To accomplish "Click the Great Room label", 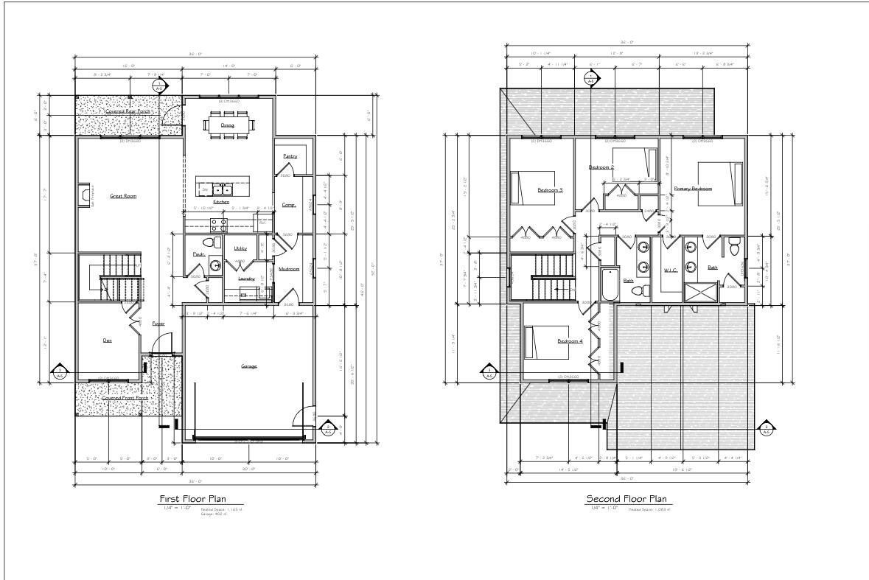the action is point(124,196).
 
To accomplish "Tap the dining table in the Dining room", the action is point(227,124).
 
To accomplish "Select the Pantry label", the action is point(290,156).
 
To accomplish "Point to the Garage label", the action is point(248,366).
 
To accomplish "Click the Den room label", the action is point(108,340).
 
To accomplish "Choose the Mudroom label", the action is point(289,269).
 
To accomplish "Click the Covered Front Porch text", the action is point(125,398).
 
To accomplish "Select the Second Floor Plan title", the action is point(627,499).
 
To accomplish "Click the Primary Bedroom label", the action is point(693,189).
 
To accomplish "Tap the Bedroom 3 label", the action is point(550,190).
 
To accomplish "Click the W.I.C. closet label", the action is point(670,270).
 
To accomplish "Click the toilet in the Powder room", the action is point(208,242).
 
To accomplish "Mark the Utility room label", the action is point(240,248).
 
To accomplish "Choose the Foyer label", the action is point(158,324).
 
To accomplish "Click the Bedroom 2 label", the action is point(601,167).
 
